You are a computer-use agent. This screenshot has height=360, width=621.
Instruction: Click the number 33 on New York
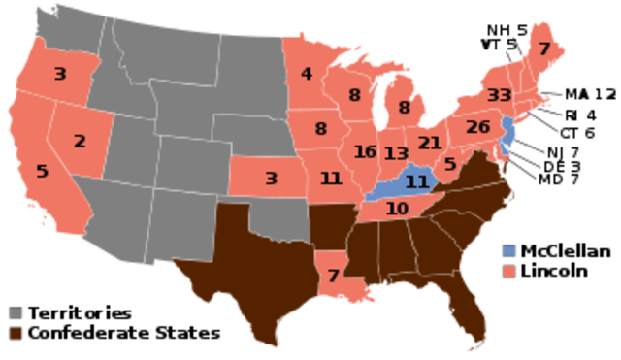pyautogui.click(x=499, y=95)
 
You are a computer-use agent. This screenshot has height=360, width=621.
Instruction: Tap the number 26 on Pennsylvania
pyautogui.click(x=477, y=127)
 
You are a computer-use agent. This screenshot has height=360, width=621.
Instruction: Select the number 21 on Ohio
pyautogui.click(x=429, y=144)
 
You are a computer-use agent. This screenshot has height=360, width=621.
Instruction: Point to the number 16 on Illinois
pyautogui.click(x=365, y=152)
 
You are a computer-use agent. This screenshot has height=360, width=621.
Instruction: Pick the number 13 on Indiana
pyautogui.click(x=395, y=154)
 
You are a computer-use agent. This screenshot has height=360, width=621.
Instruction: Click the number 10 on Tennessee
pyautogui.click(x=396, y=208)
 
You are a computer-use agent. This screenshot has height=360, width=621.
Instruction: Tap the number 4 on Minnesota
pyautogui.click(x=306, y=74)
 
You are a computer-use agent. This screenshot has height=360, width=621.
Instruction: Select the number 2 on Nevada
pyautogui.click(x=80, y=141)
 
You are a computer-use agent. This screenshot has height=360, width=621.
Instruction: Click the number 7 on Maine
pyautogui.click(x=543, y=49)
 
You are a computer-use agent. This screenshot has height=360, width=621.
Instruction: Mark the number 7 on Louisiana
pyautogui.click(x=333, y=276)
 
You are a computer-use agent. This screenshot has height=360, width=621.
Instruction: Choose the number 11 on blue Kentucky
pyautogui.click(x=416, y=181)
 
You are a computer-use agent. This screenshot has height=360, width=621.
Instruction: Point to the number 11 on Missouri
pyautogui.click(x=331, y=179)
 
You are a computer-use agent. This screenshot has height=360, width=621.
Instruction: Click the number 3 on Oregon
pyautogui.click(x=59, y=74)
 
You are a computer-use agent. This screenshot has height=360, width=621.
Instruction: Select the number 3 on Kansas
pyautogui.click(x=271, y=179)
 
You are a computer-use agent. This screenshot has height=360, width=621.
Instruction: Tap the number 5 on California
pyautogui.click(x=42, y=171)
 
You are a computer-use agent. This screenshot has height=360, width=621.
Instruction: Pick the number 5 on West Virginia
pyautogui.click(x=449, y=164)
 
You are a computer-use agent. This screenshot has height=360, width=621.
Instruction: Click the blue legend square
pyautogui.click(x=508, y=250)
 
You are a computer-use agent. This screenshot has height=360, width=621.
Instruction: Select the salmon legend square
pyautogui.click(x=508, y=272)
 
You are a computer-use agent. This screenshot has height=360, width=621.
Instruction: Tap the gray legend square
pyautogui.click(x=16, y=312)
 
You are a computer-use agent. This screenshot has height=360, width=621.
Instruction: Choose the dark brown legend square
pyautogui.click(x=16, y=333)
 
